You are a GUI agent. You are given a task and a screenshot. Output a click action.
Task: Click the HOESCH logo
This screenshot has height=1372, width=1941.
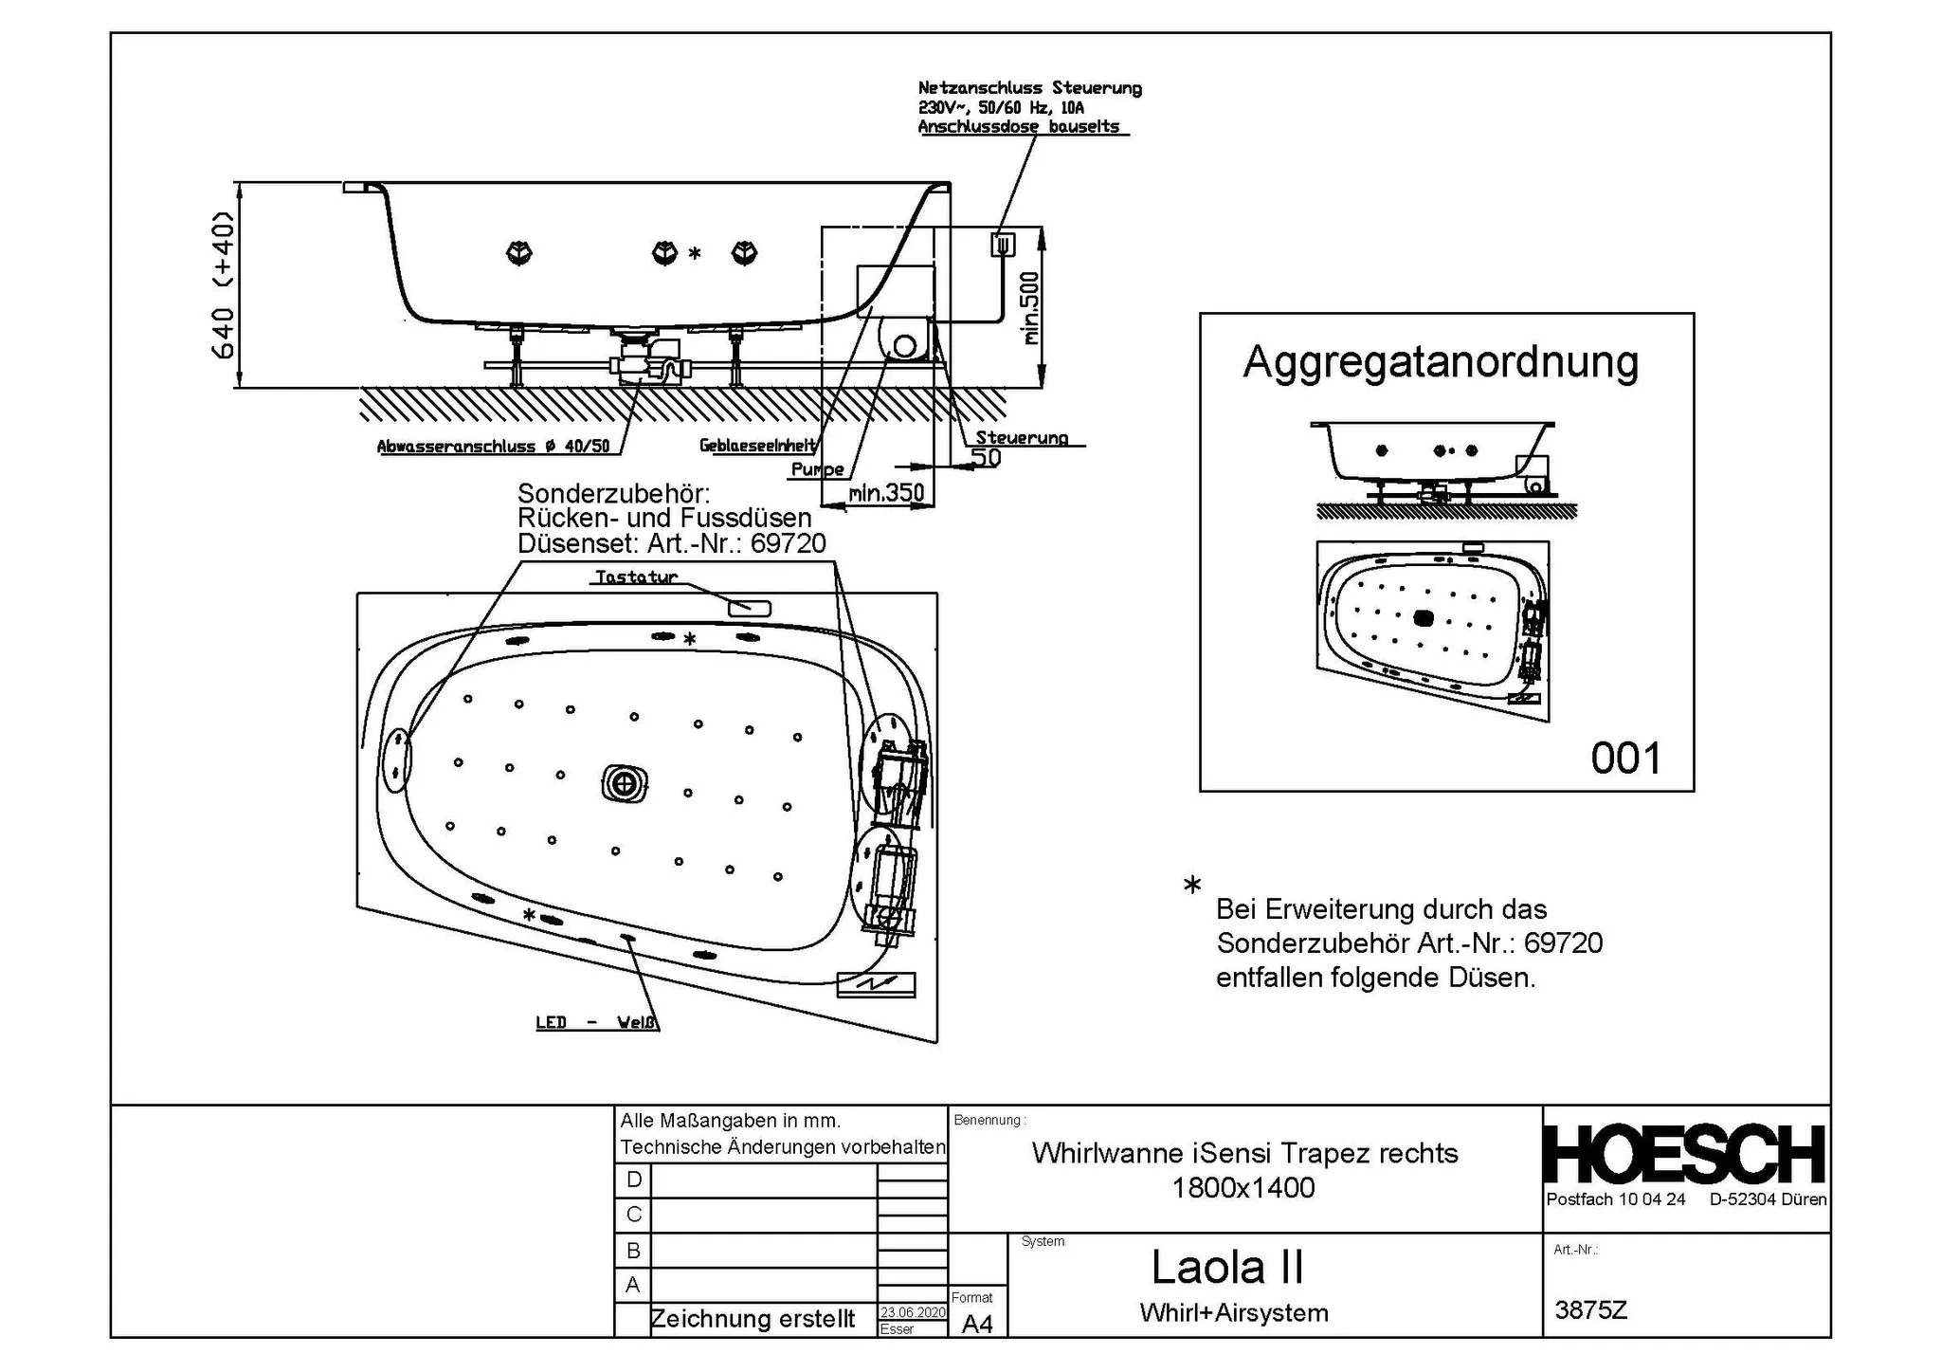pyautogui.click(x=1684, y=1155)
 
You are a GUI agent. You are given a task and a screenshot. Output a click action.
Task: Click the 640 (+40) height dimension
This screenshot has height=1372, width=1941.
pyautogui.click(x=224, y=284)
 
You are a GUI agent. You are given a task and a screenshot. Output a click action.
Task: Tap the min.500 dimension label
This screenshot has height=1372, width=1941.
pyautogui.click(x=1032, y=308)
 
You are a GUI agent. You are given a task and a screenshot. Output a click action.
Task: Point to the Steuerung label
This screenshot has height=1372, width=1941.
pyautogui.click(x=1021, y=438)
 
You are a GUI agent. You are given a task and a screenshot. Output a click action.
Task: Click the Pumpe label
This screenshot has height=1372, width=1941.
pyautogui.click(x=817, y=469)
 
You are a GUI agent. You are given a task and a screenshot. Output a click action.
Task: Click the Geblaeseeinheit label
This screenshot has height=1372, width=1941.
pyautogui.click(x=757, y=445)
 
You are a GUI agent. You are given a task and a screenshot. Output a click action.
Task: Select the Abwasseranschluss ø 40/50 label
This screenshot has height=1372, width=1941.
pyautogui.click(x=493, y=447)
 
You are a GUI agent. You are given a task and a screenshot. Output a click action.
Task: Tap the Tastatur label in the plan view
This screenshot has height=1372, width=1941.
pyautogui.click(x=635, y=576)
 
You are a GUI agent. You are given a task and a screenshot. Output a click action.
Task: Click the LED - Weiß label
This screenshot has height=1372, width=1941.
pyautogui.click(x=596, y=1022)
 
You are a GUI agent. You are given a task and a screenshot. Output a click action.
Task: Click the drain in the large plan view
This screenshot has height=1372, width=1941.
pyautogui.click(x=625, y=783)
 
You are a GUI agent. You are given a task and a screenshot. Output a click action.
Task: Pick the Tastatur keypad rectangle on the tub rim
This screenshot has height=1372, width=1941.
pyautogui.click(x=749, y=608)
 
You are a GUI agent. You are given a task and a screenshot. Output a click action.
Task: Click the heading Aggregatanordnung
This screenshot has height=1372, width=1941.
pyautogui.click(x=1440, y=362)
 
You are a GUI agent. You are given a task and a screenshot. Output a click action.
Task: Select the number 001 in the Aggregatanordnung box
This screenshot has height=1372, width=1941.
pyautogui.click(x=1625, y=759)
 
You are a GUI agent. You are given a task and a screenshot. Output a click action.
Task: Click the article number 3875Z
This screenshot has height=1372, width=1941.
pyautogui.click(x=1590, y=1310)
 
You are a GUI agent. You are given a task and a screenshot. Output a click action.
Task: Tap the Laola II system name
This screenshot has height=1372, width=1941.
pyautogui.click(x=1227, y=1267)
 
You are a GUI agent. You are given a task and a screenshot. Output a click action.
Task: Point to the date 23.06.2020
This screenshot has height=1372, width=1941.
pyautogui.click(x=912, y=1312)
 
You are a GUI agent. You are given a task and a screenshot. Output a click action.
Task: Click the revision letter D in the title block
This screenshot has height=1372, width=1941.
pyautogui.click(x=634, y=1180)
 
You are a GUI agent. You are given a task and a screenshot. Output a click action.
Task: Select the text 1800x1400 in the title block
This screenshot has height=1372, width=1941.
pyautogui.click(x=1243, y=1188)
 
